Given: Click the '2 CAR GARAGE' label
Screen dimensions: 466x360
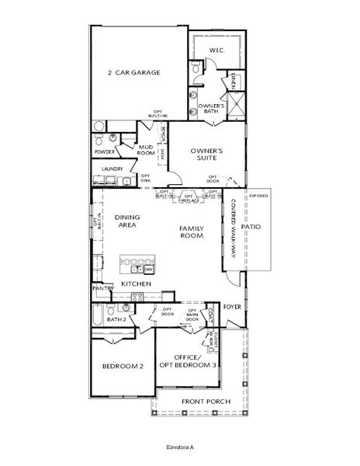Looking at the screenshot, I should tap(133, 73).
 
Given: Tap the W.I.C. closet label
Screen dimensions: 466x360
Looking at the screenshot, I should tap(216, 50).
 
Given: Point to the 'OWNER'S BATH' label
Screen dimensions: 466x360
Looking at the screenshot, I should tap(211, 109).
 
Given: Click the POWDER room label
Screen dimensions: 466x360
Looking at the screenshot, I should tap(104, 152).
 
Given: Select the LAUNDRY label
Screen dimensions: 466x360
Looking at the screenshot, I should tap(113, 169).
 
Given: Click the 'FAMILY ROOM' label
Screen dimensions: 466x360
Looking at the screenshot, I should tap(191, 231).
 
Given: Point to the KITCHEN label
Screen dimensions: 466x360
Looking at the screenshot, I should tap(136, 285).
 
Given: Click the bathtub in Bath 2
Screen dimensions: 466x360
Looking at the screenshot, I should tap(97, 315).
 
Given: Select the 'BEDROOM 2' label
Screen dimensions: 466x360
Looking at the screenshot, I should tap(123, 366).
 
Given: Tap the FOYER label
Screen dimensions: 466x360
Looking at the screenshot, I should tap(233, 306).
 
